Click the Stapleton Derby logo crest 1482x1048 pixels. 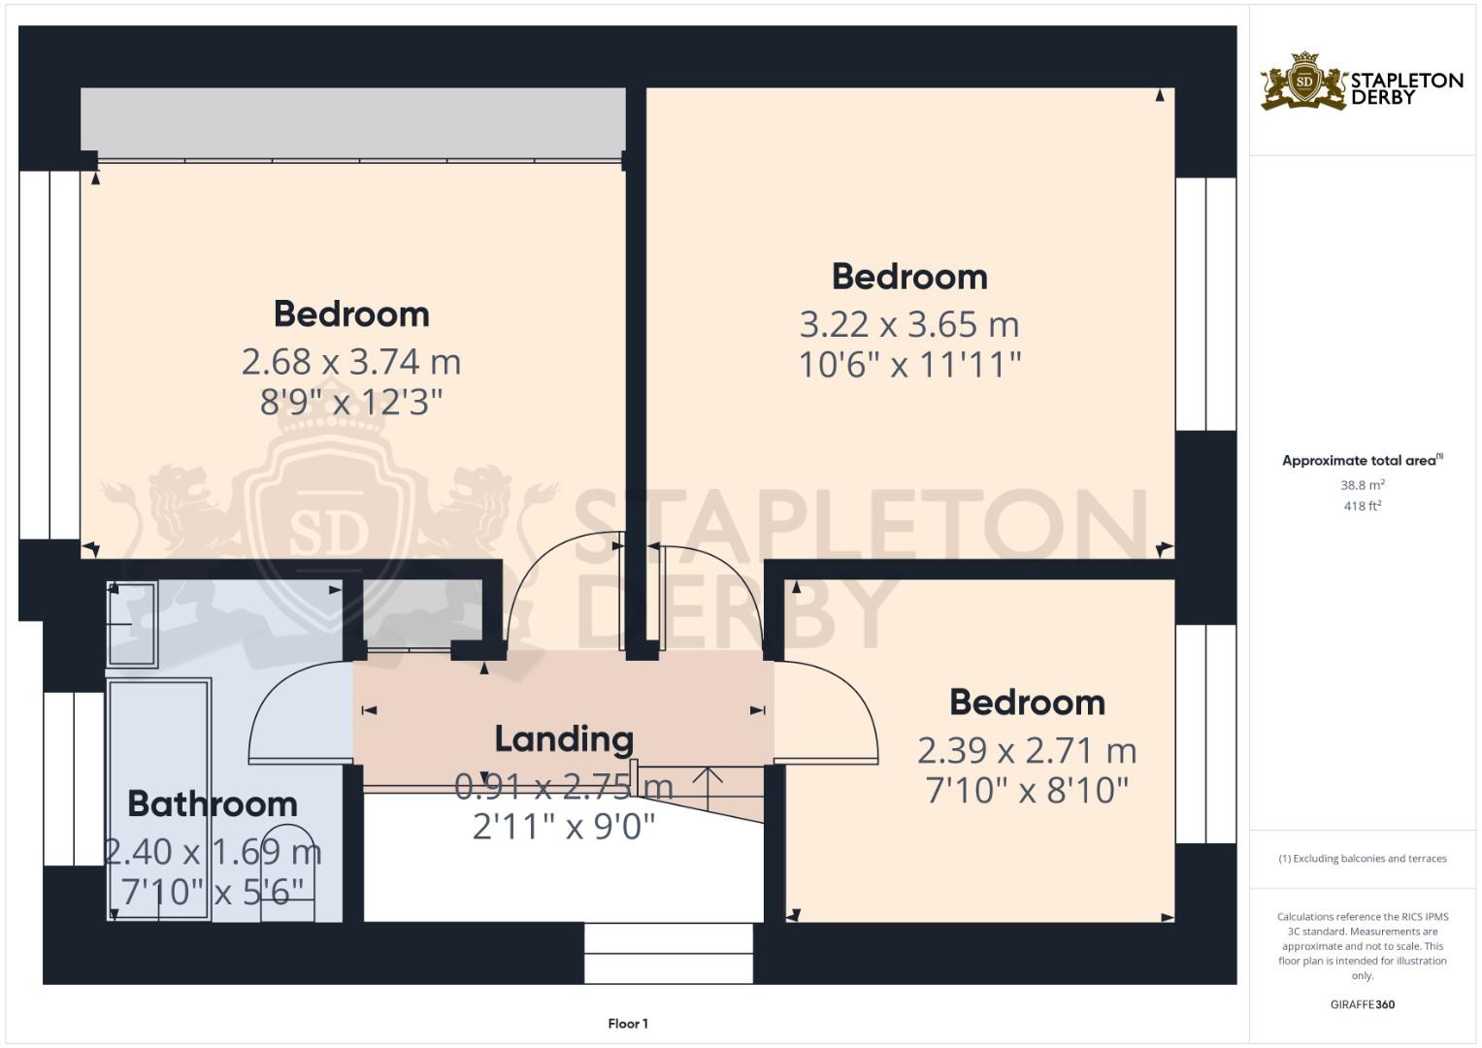pos(1304,82)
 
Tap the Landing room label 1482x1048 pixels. pos(564,739)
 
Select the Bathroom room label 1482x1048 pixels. pos(212,804)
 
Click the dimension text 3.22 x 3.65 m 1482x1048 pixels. pos(908,324)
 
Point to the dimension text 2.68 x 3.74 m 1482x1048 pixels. pos(350,362)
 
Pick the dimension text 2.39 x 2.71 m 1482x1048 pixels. pos(1026,750)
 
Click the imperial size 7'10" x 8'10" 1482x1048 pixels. pos(1026,791)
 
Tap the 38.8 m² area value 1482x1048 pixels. pos(1362,485)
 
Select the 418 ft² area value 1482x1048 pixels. pos(1362,507)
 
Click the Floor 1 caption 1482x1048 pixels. pos(628,1024)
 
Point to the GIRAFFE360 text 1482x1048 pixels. pos(1362,1005)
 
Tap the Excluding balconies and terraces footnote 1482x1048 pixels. pos(1362,859)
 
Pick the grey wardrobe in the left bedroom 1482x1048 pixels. pos(353,121)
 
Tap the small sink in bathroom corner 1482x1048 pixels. pos(132,624)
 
